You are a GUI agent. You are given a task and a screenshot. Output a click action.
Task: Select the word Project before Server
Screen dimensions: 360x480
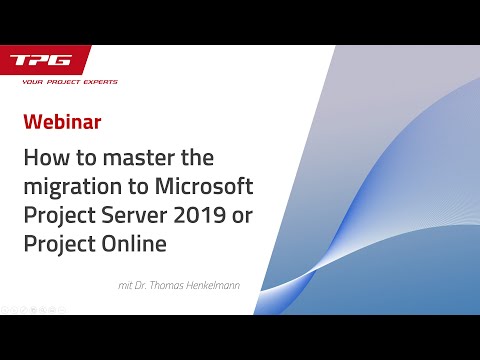coord(60,215)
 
